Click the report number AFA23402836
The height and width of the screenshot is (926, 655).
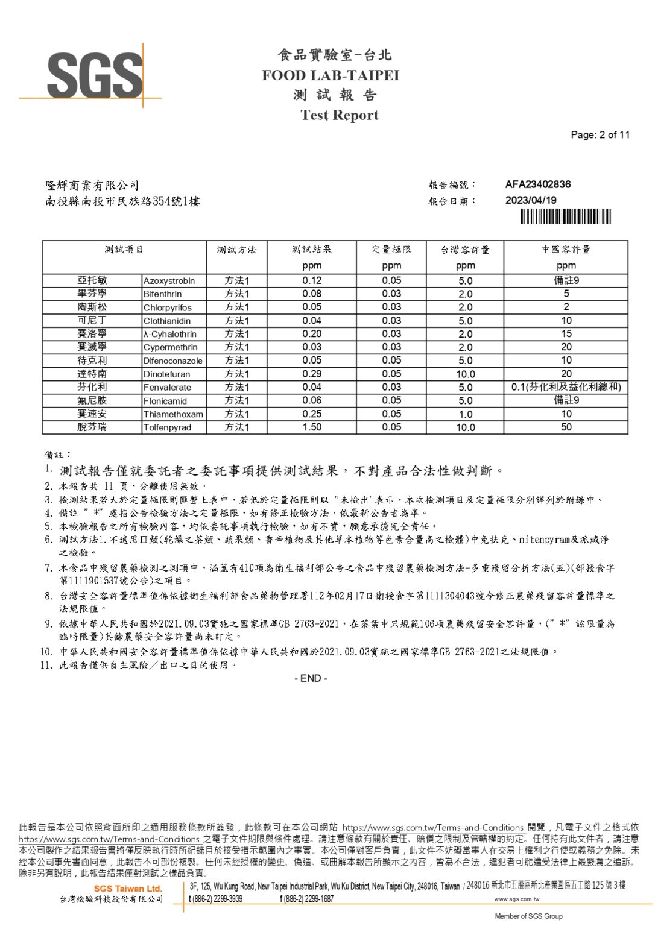click(x=537, y=184)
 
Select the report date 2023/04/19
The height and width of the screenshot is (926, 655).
click(x=531, y=200)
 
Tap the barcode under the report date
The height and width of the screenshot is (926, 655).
click(x=566, y=216)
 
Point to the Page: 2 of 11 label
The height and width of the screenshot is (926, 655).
click(x=600, y=135)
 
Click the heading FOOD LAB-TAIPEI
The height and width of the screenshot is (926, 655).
click(x=331, y=75)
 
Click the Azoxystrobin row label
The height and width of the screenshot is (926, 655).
click(x=169, y=281)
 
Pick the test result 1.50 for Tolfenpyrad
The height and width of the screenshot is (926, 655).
click(x=312, y=427)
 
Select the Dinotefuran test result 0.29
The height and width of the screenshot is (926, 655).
click(x=312, y=374)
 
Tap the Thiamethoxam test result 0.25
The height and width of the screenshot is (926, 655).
click(x=312, y=414)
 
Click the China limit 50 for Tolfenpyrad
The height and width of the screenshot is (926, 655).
click(x=566, y=427)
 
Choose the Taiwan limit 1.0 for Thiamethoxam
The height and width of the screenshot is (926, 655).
click(x=465, y=414)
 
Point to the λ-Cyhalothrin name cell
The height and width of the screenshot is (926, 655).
click(x=170, y=334)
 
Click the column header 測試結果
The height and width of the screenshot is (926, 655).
click(x=312, y=250)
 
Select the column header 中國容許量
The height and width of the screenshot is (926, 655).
click(x=566, y=250)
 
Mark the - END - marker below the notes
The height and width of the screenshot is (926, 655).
click(x=311, y=678)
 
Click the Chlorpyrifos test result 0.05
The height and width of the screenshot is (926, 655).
click(x=312, y=307)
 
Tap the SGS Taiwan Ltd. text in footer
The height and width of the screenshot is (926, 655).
click(x=128, y=889)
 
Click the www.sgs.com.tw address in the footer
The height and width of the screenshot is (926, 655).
click(x=516, y=899)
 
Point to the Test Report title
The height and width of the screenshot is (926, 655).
click(x=340, y=115)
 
